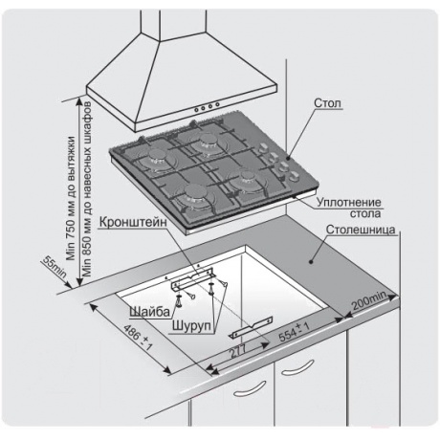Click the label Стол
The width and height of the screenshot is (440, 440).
point(327,103)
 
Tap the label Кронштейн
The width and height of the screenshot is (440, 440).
point(133,222)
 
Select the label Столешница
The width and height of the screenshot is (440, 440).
point(361,230)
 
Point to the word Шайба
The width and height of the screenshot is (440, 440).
point(149,311)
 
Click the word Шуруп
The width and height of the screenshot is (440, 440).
point(192,326)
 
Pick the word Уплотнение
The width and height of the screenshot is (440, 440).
point(349,202)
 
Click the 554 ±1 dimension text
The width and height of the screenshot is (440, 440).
point(295,332)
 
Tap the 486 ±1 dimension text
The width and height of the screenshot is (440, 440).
point(138,338)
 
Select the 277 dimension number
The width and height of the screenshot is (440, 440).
point(237,350)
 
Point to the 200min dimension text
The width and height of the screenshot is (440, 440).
point(369,300)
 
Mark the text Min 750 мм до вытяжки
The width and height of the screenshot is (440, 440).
point(71,198)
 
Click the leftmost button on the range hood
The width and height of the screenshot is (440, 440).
point(196,110)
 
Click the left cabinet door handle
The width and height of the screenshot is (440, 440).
point(250,389)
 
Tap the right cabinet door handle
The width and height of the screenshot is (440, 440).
point(297,367)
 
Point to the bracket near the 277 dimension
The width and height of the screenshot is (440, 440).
point(252,327)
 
